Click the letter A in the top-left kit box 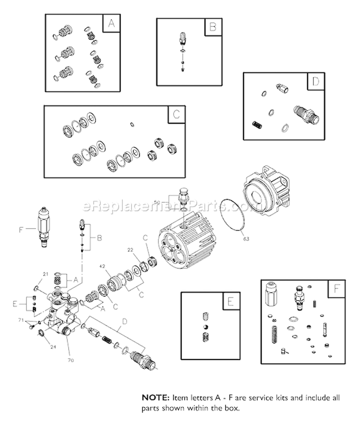(x=111, y=23)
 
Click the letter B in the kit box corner (x=212, y=27)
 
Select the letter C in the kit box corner (x=176, y=114)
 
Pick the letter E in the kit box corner (x=230, y=302)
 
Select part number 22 (x=130, y=250)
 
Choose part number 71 (x=21, y=320)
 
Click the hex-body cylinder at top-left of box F (x=270, y=293)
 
